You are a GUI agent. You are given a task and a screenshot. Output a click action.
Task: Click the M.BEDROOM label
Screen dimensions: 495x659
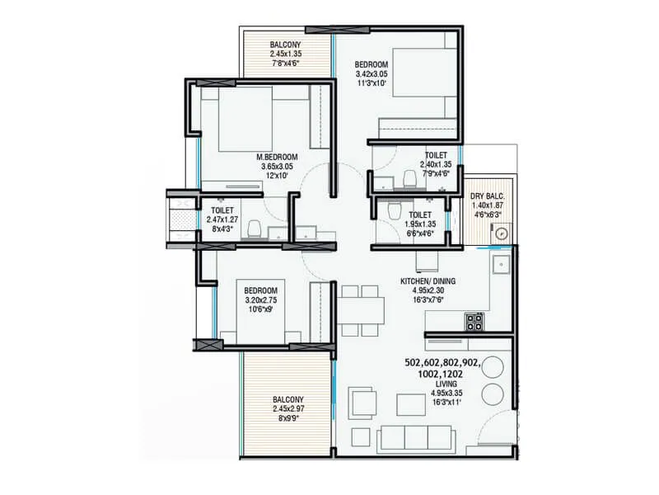276,156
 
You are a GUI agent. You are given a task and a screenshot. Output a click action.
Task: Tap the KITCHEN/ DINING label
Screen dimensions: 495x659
428,281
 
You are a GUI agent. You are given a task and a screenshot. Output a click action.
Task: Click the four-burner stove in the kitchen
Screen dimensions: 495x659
474,319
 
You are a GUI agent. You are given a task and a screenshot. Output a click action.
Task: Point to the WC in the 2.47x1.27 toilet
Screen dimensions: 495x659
255,228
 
